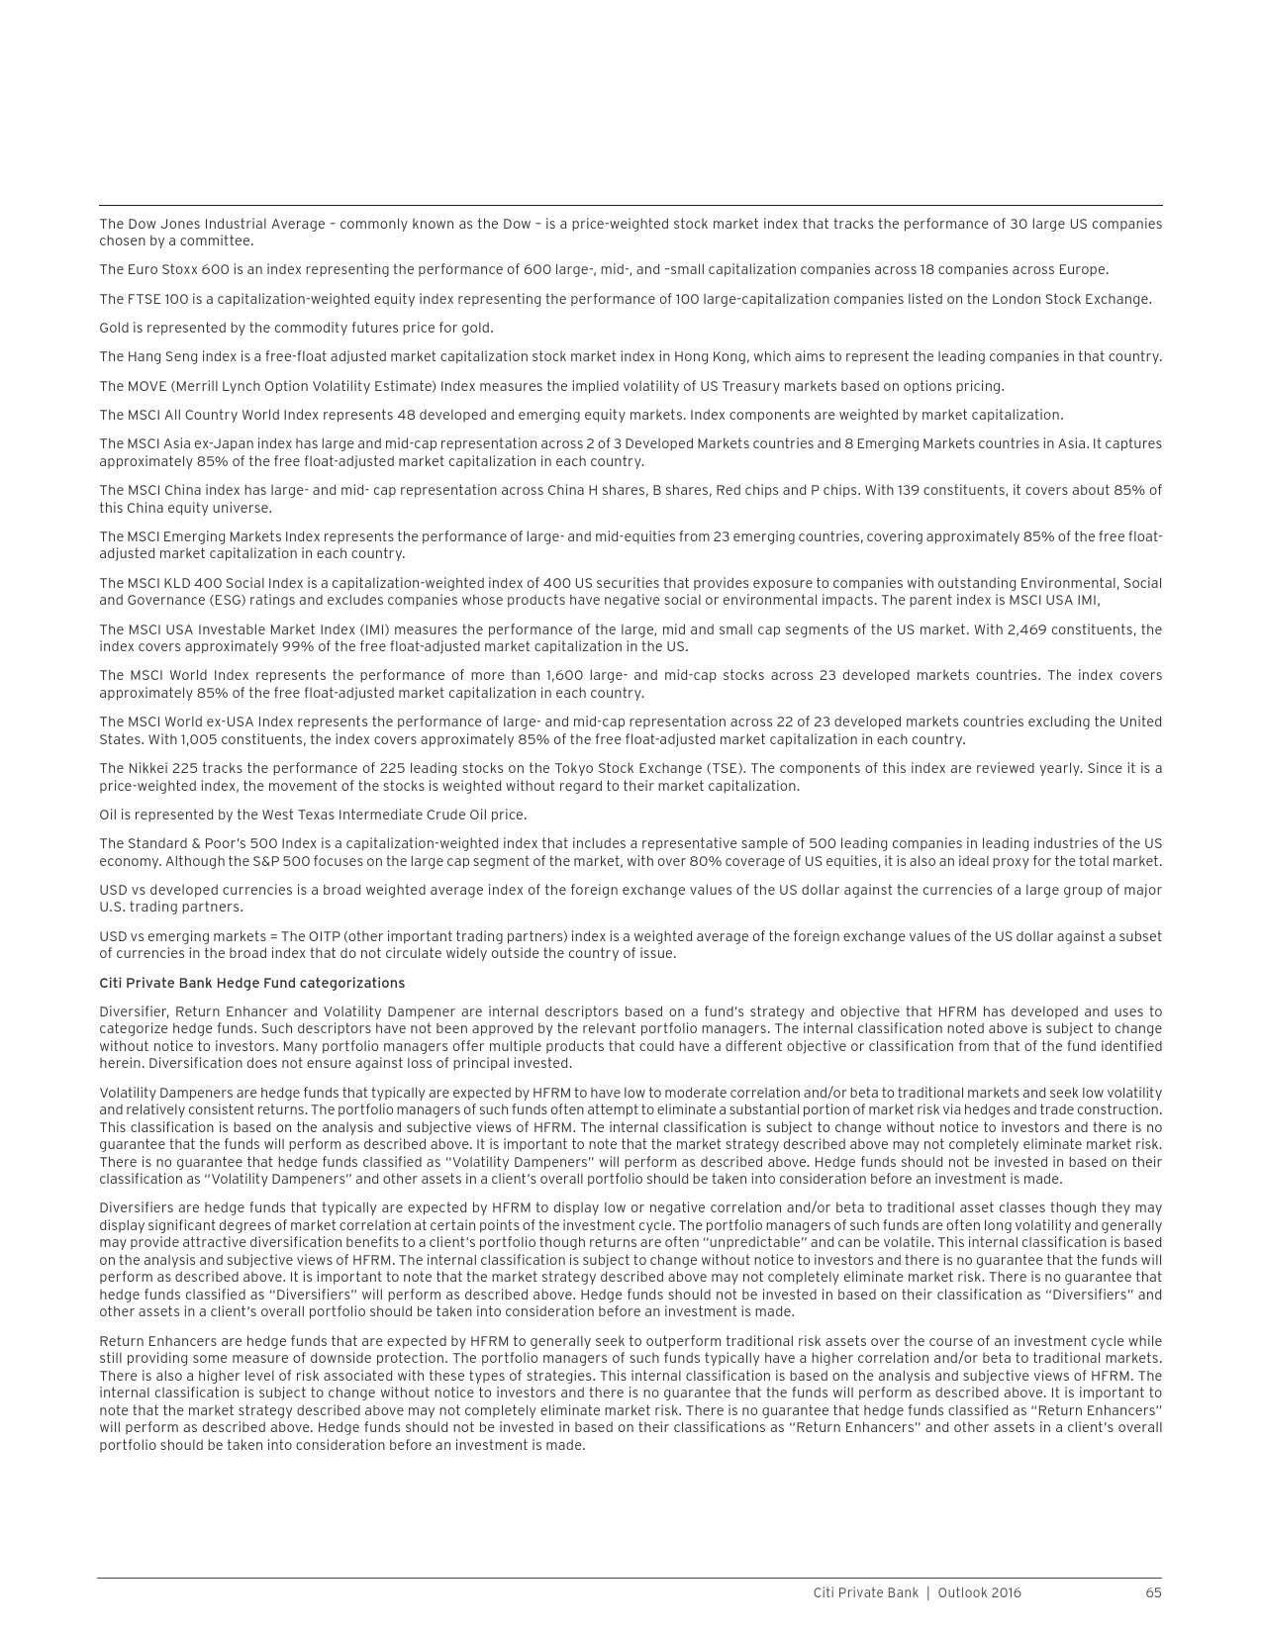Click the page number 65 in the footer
click(x=1153, y=1592)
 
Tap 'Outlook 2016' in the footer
click(x=979, y=1592)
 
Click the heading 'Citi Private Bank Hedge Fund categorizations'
click(x=251, y=983)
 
